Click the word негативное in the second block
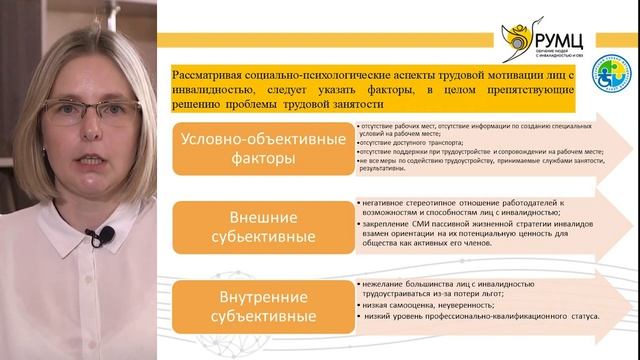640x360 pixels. [383, 204]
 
